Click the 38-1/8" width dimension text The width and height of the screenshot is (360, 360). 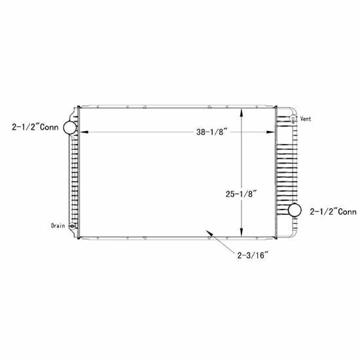tap(211, 132)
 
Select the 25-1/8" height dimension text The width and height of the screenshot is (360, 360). tap(241, 194)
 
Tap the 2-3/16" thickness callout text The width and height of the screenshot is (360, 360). tap(253, 255)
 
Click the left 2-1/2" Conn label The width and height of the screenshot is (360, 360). tap(35, 127)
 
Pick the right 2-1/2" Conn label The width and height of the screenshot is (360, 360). tap(333, 211)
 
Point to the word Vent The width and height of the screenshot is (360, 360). tap(306, 119)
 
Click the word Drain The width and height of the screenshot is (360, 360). tap(58, 226)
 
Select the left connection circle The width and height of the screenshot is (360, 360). tap(70, 128)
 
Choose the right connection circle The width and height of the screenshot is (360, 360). tap(295, 210)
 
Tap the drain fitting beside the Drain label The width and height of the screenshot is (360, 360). tap(73, 226)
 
